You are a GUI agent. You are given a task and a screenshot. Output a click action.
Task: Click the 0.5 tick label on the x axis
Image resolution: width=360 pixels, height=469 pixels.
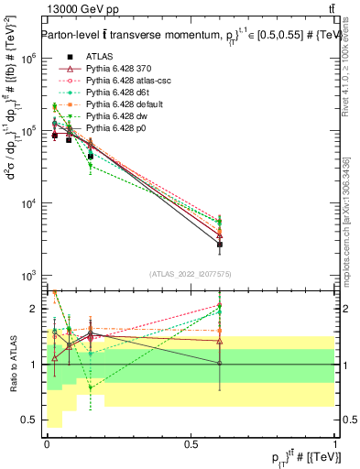pyautogui.click(x=191, y=444)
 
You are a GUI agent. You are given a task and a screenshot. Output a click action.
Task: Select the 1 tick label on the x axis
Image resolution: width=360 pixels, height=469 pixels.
pyautogui.click(x=336, y=444)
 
